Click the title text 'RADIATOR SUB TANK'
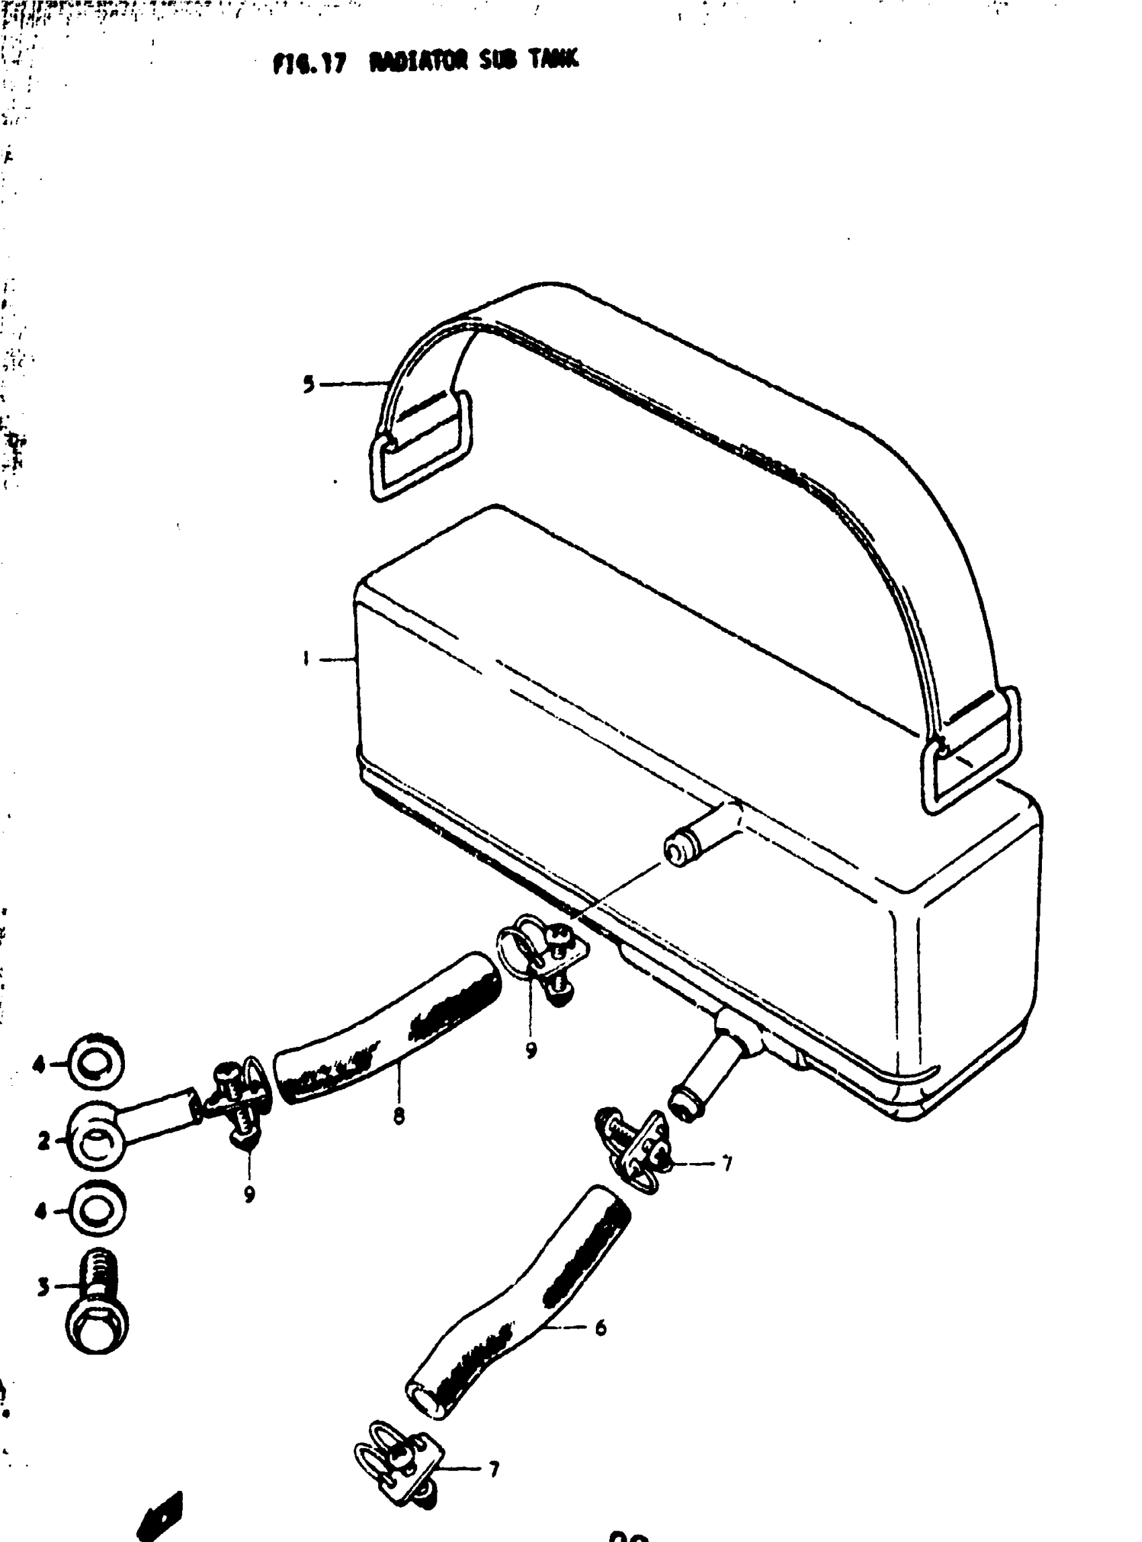pos(474,62)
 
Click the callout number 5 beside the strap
pos(309,384)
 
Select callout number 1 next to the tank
pos(305,659)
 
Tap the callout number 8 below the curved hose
pos(399,1115)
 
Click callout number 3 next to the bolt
pos(44,1287)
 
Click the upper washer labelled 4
pos(97,1065)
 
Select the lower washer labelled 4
pos(98,1211)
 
